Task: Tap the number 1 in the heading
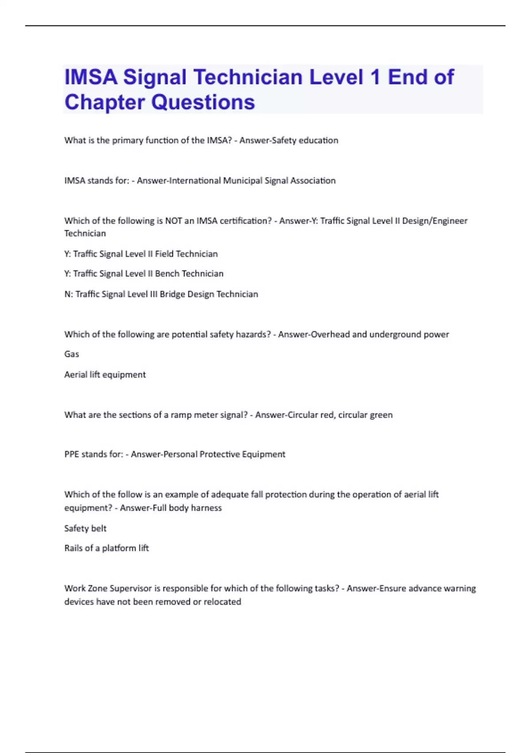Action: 375,77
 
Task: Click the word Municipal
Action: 242,181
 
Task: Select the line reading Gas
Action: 72,354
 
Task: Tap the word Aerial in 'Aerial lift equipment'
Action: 76,375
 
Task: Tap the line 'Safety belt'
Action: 85,528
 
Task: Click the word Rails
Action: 73,548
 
